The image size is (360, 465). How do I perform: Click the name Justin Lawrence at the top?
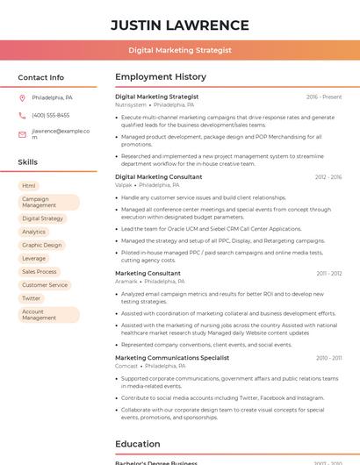click(179, 25)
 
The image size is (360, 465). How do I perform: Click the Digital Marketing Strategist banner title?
click(179, 50)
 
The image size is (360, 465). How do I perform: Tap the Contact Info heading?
click(41, 77)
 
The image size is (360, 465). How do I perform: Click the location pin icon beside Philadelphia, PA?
click(22, 97)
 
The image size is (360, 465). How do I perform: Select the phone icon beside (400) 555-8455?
click(22, 115)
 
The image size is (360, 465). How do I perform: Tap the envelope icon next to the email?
click(22, 134)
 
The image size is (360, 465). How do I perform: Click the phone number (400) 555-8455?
click(51, 115)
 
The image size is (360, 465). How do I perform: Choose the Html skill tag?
click(29, 186)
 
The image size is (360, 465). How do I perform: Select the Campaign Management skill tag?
click(48, 202)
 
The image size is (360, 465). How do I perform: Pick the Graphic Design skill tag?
click(42, 246)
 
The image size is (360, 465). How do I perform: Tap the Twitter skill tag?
click(32, 298)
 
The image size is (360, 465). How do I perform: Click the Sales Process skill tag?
click(40, 272)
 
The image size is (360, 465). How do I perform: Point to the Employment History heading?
click(161, 77)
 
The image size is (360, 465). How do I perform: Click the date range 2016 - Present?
click(324, 97)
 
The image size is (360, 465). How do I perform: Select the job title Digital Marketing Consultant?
click(159, 177)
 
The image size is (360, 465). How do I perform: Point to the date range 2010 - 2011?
click(329, 358)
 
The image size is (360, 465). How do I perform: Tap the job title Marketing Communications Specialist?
click(172, 358)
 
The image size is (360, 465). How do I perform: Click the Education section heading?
click(138, 444)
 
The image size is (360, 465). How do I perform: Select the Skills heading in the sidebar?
click(28, 162)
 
